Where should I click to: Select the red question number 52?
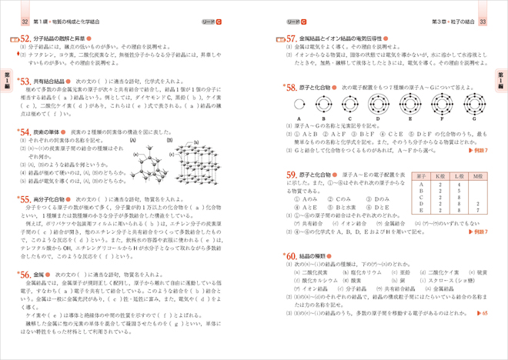tap(25, 38)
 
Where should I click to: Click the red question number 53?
tap(25, 79)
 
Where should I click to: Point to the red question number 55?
tap(25, 199)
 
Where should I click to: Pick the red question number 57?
tap(292, 38)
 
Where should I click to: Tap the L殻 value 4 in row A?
tap(460, 184)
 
